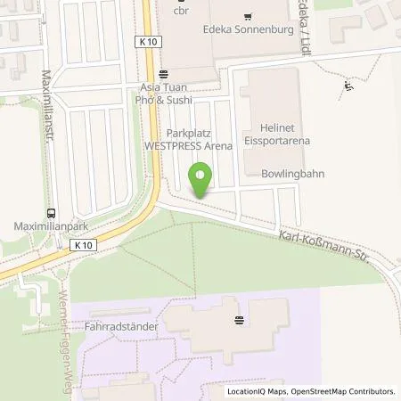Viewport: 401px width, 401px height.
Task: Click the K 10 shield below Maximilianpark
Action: point(83,245)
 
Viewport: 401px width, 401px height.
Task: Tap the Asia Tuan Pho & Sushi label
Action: point(170,94)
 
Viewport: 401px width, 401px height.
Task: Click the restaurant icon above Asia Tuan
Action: point(162,76)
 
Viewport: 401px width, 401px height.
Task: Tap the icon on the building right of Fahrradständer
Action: point(238,319)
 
